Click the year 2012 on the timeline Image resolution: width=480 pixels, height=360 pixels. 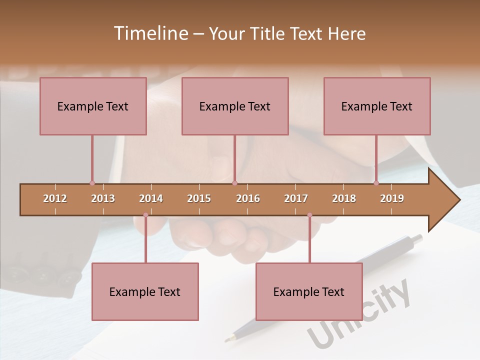pyautogui.click(x=55, y=198)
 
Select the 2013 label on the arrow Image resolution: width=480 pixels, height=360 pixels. pyautogui.click(x=103, y=198)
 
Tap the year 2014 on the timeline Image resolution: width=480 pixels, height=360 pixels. pyautogui.click(x=151, y=198)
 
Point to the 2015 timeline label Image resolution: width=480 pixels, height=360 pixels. pyautogui.click(x=199, y=198)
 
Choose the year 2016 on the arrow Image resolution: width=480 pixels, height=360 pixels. pyautogui.click(x=248, y=198)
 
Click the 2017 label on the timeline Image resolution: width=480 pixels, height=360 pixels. pyautogui.click(x=296, y=198)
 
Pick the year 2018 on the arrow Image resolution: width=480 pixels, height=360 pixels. pyautogui.click(x=344, y=198)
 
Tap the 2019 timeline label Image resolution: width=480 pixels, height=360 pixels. pyautogui.click(x=392, y=198)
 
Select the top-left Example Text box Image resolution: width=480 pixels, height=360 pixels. pyautogui.click(x=93, y=106)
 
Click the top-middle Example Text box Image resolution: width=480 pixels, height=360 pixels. pyautogui.click(x=235, y=106)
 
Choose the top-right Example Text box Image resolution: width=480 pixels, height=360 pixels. pyautogui.click(x=377, y=106)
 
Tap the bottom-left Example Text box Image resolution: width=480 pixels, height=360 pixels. pyautogui.click(x=145, y=292)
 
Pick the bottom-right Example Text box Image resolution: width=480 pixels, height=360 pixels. pyautogui.click(x=309, y=292)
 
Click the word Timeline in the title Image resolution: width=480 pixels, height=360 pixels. pyautogui.click(x=150, y=33)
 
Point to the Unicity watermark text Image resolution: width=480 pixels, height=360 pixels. pyautogui.click(x=360, y=315)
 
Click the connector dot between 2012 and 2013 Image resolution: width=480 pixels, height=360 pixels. pyautogui.click(x=92, y=183)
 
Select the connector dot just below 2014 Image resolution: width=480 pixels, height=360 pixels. pyautogui.click(x=145, y=215)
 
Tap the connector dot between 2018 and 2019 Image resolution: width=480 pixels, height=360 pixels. pyautogui.click(x=376, y=183)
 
